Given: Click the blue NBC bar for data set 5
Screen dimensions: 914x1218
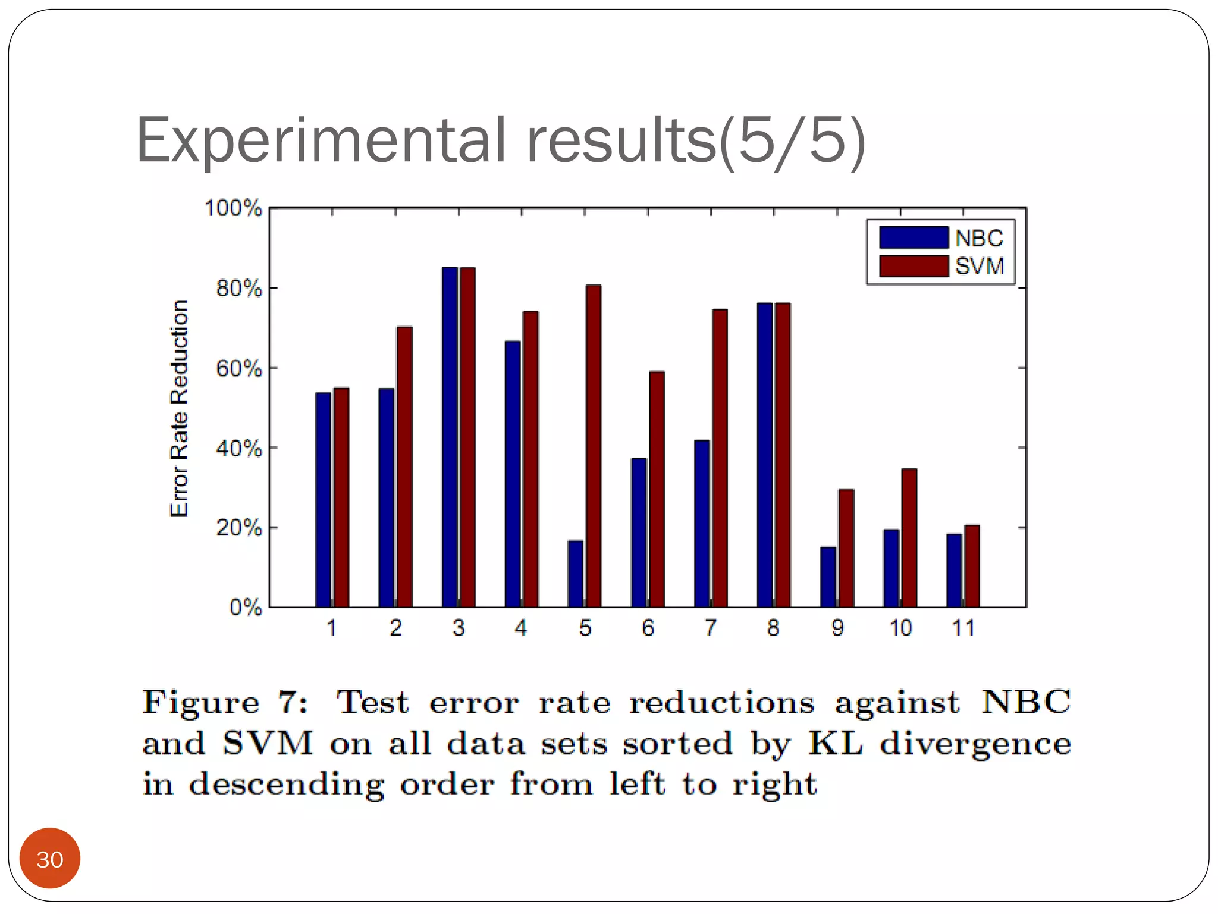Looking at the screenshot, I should point(575,574).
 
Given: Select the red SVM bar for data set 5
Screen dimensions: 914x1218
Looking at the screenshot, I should point(594,446).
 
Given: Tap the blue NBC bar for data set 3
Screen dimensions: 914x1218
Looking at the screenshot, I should point(449,437).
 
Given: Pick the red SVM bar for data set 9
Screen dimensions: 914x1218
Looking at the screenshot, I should point(846,548).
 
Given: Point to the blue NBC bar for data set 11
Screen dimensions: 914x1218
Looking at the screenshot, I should point(954,570).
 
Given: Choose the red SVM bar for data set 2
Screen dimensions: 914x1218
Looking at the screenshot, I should point(404,467).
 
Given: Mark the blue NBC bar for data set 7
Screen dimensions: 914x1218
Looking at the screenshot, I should point(702,524).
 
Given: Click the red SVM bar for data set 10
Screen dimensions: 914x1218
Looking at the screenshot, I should point(909,538).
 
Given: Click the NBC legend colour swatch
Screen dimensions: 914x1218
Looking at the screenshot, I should point(913,237).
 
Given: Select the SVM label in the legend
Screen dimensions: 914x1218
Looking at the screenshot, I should point(980,266).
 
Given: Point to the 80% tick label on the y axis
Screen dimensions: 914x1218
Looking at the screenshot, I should point(238,289).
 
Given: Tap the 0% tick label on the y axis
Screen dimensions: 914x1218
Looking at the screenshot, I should point(245,608).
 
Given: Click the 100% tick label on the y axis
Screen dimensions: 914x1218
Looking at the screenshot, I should point(233,208).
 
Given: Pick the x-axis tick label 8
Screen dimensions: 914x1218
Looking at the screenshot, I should point(773,628).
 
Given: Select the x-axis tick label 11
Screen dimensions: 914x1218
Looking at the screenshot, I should point(963,628).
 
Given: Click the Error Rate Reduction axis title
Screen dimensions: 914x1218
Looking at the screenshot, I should point(179,408).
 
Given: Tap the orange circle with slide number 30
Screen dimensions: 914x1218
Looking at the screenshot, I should point(50,858).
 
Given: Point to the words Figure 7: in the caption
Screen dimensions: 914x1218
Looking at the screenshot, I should point(225,703).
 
